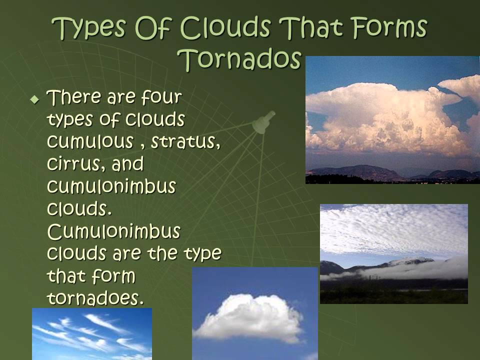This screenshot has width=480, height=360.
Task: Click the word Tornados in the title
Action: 240,59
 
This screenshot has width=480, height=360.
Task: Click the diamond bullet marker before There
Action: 34,99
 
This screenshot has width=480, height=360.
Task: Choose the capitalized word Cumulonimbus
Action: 113,232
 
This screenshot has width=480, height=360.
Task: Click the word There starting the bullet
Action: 74,97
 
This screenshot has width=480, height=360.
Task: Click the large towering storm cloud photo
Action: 392,120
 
